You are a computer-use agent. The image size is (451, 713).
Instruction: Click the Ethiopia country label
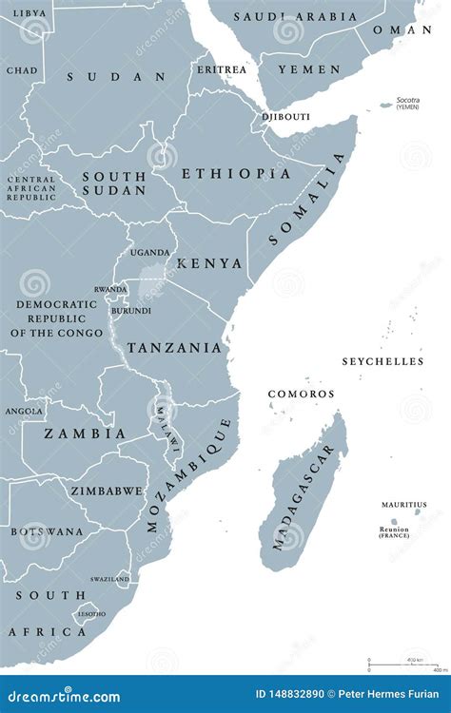click(x=236, y=174)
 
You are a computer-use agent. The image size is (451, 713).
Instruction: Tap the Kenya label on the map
click(x=211, y=263)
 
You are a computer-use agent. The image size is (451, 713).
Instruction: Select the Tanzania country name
click(x=174, y=348)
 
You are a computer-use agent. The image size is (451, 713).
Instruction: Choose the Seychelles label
click(x=382, y=362)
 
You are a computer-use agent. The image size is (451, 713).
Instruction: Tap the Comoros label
click(x=301, y=394)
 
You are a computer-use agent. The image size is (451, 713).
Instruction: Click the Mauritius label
click(x=403, y=505)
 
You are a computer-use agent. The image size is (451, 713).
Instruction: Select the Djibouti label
click(x=285, y=118)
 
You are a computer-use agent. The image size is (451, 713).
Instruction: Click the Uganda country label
click(x=150, y=253)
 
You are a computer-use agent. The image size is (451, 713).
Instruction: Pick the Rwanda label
click(x=109, y=290)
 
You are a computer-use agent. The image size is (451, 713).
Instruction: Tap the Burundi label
click(x=130, y=311)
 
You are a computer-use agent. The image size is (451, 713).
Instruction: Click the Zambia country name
click(x=85, y=434)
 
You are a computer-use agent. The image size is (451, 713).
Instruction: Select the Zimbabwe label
click(x=106, y=491)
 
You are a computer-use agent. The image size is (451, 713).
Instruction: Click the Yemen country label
click(x=308, y=69)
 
